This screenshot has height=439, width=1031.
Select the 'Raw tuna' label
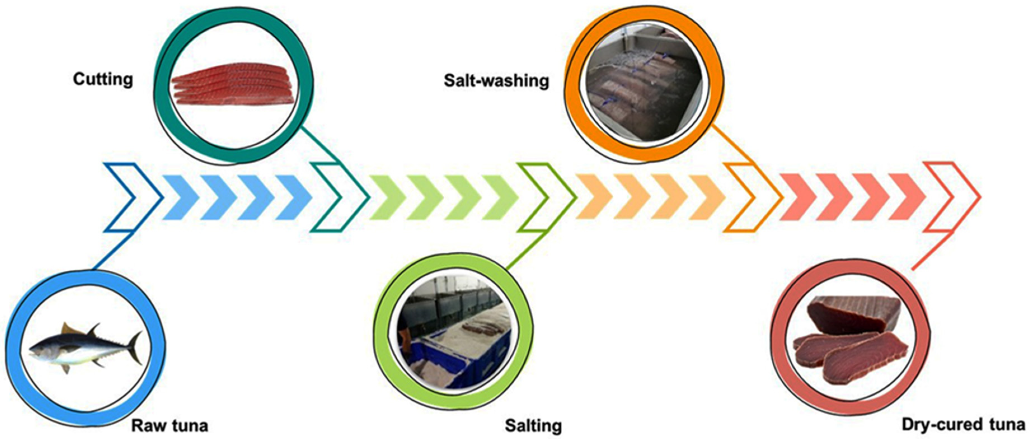(x=170, y=425)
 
